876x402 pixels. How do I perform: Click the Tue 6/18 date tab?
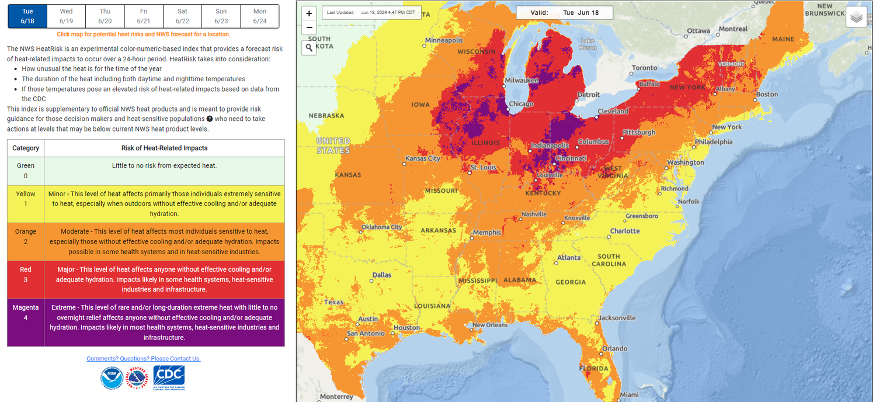pyautogui.click(x=27, y=16)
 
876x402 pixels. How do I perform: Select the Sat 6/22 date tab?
pyautogui.click(x=182, y=16)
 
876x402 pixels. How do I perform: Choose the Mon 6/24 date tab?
pyautogui.click(x=260, y=16)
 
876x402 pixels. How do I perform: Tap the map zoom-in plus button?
pyautogui.click(x=309, y=13)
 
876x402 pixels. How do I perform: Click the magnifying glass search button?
pyautogui.click(x=309, y=48)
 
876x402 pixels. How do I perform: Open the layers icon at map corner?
pyautogui.click(x=856, y=18)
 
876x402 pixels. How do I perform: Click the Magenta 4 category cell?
pyautogui.click(x=26, y=323)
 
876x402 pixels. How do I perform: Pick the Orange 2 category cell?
pyautogui.click(x=26, y=241)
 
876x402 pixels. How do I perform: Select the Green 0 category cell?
pyautogui.click(x=26, y=171)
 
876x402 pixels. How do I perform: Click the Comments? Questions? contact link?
pyautogui.click(x=144, y=359)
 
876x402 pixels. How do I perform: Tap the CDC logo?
pyautogui.click(x=169, y=377)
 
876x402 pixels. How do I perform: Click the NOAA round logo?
pyautogui.click(x=112, y=378)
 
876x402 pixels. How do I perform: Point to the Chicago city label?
pyautogui.click(x=520, y=104)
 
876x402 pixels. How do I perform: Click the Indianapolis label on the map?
pyautogui.click(x=550, y=145)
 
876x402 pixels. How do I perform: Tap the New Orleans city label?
pyautogui.click(x=490, y=325)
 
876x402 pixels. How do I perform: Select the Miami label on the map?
pyautogui.click(x=629, y=395)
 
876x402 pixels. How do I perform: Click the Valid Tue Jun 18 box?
pyautogui.click(x=565, y=12)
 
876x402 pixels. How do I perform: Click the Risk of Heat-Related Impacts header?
pyautogui.click(x=164, y=148)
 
